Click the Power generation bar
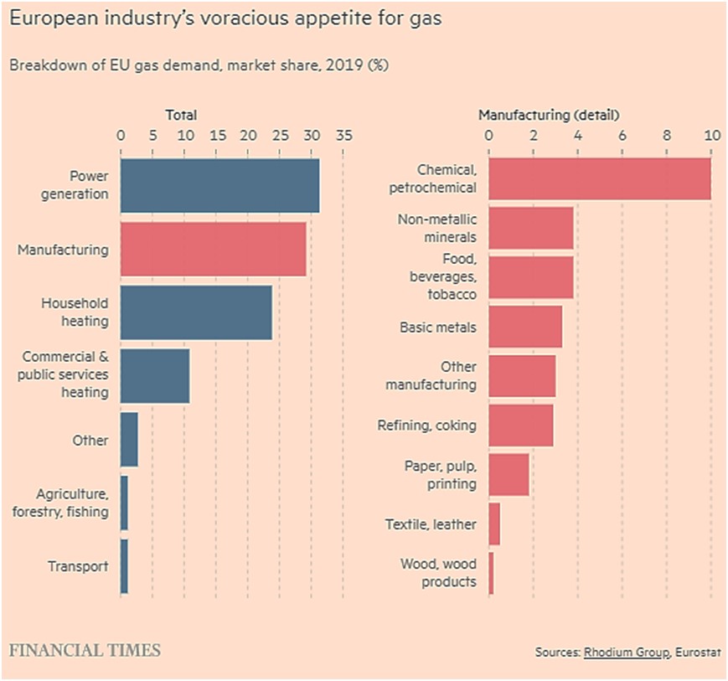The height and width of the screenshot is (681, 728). tap(219, 185)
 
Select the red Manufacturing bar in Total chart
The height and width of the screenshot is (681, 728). tap(213, 249)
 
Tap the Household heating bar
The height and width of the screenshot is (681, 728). tap(196, 312)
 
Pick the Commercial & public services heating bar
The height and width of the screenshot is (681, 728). tap(155, 376)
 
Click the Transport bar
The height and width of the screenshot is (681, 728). tap(124, 566)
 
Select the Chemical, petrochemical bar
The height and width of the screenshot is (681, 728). tap(599, 178)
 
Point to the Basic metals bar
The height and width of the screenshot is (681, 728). tap(524, 327)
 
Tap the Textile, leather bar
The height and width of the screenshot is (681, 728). tap(494, 524)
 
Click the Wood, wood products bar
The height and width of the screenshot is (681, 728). tap(491, 574)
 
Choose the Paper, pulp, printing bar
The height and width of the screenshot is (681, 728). tap(509, 475)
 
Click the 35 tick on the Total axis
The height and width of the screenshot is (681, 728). tap(343, 136)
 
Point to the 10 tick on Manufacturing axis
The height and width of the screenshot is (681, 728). tap(711, 136)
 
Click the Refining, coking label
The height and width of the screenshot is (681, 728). tap(426, 426)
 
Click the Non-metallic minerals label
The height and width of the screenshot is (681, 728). tap(436, 227)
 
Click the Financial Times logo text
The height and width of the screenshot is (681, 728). tap(85, 650)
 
